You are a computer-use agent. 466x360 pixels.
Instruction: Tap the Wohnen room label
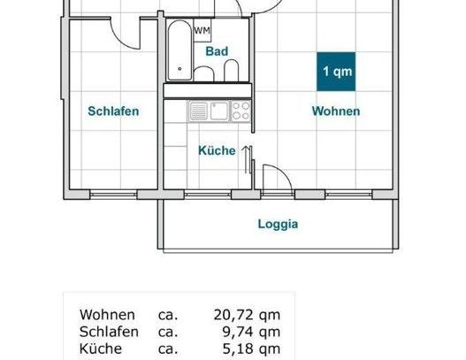click(335, 111)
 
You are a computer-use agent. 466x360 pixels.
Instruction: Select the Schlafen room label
click(113, 111)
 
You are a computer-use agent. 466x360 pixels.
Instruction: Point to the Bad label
click(217, 52)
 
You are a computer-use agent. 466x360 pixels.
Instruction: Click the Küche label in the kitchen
click(216, 150)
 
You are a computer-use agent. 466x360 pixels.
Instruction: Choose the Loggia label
click(278, 224)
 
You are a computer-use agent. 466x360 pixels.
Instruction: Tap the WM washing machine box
click(202, 31)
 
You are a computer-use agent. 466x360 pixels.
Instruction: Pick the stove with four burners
click(240, 111)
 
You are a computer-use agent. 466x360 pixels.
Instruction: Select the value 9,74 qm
click(250, 332)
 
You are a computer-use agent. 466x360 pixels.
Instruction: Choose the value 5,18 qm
click(250, 349)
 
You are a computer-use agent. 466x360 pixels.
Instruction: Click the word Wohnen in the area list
click(107, 315)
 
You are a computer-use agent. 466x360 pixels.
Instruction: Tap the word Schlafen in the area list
click(109, 332)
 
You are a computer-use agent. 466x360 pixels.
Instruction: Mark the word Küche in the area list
click(100, 349)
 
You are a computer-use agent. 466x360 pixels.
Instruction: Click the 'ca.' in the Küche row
click(167, 349)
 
